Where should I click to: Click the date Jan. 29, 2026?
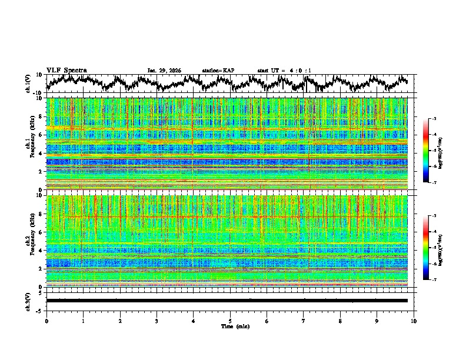(164, 71)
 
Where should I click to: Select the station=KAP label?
(218, 71)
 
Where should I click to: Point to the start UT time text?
(284, 71)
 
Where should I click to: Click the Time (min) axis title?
(230, 326)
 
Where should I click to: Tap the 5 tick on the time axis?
(230, 321)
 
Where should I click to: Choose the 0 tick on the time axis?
(46, 321)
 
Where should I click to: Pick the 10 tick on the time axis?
(414, 321)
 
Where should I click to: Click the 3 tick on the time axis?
(157, 321)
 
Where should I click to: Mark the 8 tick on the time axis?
(340, 321)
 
